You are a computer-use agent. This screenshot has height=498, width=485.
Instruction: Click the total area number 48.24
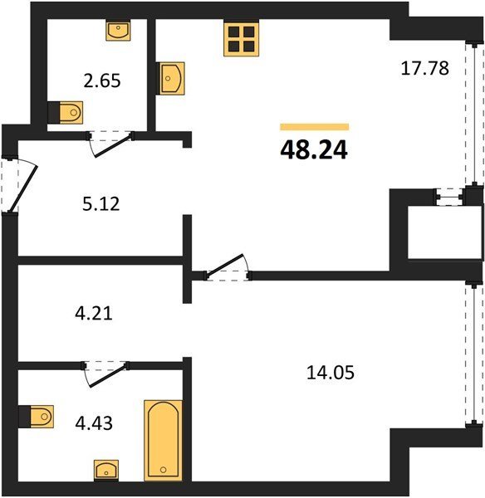point(314,150)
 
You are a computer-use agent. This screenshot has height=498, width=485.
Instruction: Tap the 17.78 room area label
point(425,68)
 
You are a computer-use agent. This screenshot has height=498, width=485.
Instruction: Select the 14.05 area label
point(331,373)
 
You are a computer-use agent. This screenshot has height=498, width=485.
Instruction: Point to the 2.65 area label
point(102,81)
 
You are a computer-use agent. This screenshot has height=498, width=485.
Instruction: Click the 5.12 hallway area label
point(101,204)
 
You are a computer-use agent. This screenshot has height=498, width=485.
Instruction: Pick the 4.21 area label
point(94,314)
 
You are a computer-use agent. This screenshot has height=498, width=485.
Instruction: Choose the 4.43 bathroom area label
point(94,423)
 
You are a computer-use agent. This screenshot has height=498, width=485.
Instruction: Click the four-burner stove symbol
point(241,38)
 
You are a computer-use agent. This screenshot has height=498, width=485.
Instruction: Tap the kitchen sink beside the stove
point(172,78)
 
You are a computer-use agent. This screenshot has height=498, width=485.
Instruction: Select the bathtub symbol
point(164,441)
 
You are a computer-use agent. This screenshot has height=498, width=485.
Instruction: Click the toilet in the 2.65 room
point(70,112)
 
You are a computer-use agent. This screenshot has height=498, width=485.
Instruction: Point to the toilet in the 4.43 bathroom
point(40,417)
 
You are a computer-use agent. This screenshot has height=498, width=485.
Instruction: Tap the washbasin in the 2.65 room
point(118,31)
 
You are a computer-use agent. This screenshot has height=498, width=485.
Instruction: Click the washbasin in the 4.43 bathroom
point(106,471)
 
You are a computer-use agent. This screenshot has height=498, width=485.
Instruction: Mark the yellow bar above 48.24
point(314,127)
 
